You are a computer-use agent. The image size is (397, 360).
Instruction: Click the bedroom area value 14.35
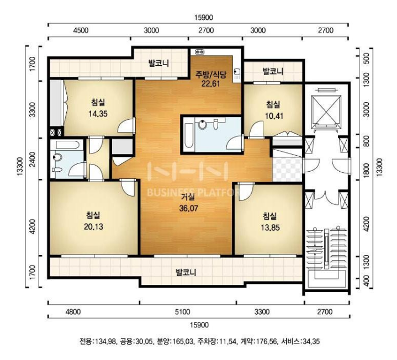(98, 114)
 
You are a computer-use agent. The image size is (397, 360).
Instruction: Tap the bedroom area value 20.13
(93, 226)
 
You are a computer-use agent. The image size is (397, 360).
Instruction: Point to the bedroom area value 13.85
(270, 227)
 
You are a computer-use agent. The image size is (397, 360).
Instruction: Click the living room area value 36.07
(188, 208)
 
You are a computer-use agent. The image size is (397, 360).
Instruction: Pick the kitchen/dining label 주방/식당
(211, 75)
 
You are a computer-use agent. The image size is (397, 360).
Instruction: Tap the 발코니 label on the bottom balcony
(186, 272)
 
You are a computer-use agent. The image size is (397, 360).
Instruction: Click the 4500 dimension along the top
(81, 30)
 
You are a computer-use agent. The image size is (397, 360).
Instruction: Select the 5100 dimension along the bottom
(182, 311)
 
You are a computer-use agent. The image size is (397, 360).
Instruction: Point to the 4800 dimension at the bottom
(73, 311)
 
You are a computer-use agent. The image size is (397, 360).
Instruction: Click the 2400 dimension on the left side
(33, 159)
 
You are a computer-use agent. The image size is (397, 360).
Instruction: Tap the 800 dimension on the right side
(366, 141)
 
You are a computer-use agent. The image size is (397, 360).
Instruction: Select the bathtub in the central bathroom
(188, 135)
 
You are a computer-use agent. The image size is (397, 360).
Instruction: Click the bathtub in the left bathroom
(67, 145)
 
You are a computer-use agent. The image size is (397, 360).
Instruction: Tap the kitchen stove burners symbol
(200, 52)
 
